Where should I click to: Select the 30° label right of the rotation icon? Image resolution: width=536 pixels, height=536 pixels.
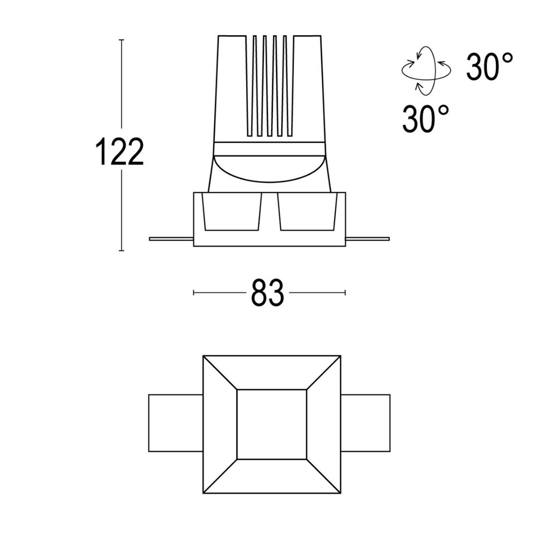[x=489, y=67]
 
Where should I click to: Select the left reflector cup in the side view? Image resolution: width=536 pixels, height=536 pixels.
[x=231, y=212]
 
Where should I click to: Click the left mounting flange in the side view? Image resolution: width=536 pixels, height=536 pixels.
[x=170, y=239]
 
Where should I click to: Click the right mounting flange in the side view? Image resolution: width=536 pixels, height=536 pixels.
[x=367, y=238]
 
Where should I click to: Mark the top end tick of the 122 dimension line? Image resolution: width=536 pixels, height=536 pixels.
[x=122, y=40]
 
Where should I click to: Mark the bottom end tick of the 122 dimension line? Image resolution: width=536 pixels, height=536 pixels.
[x=122, y=251]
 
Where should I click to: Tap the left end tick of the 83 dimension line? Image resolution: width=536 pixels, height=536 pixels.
[x=193, y=293]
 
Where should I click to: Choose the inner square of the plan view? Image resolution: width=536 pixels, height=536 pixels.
[x=272, y=424]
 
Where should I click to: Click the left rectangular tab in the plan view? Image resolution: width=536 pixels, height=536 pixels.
[x=175, y=423]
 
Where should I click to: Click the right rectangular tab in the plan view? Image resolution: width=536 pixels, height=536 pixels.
[x=366, y=423]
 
